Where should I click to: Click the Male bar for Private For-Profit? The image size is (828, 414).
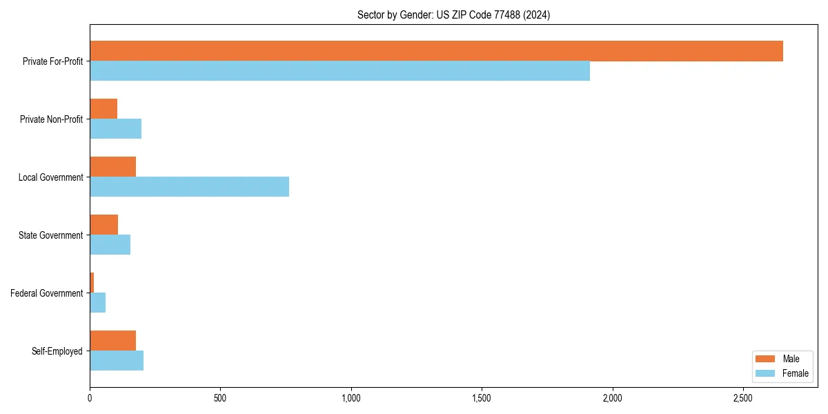click(436, 51)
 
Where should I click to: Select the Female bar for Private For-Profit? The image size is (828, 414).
click(339, 71)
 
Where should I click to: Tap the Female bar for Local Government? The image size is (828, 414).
click(189, 187)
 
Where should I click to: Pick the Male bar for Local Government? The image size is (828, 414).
click(112, 167)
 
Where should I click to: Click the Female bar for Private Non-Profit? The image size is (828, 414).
click(115, 129)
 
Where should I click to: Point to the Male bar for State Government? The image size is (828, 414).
click(103, 225)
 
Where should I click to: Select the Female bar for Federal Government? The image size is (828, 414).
click(97, 303)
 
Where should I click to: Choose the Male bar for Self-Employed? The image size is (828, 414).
click(112, 341)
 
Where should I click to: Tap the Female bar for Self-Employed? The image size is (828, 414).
click(117, 361)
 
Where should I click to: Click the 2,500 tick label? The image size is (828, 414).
click(742, 399)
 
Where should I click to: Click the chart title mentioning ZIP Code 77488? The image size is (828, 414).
click(453, 14)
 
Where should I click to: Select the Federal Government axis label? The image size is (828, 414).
click(47, 293)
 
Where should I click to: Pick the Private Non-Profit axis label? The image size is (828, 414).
click(51, 119)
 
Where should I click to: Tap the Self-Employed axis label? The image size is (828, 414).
click(57, 351)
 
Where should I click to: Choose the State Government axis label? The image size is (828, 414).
click(50, 235)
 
